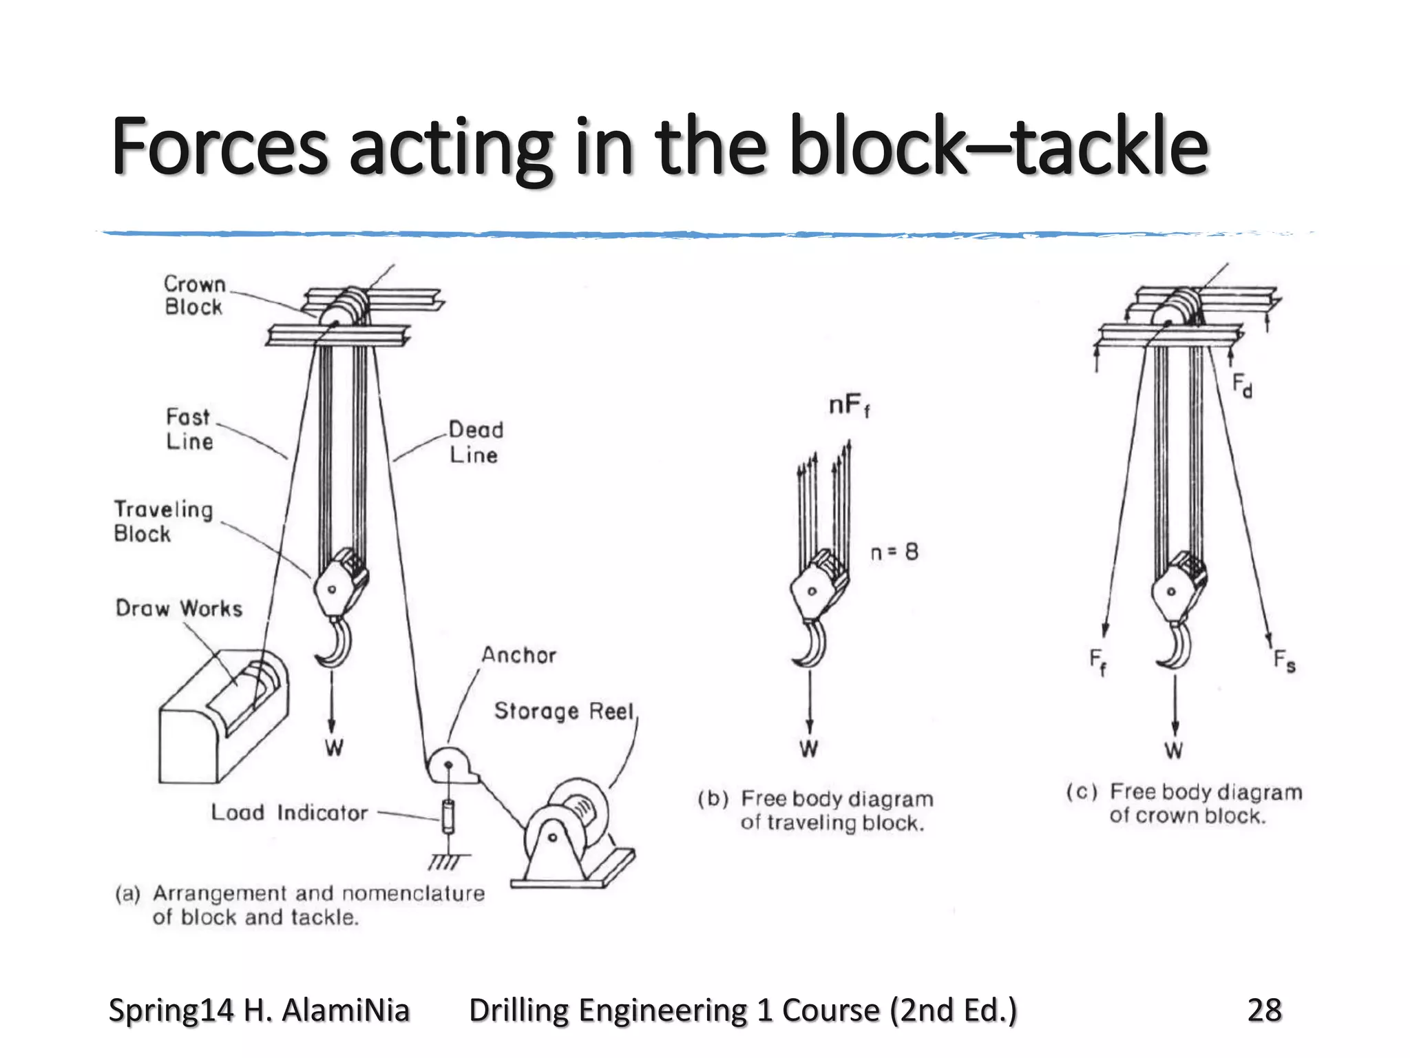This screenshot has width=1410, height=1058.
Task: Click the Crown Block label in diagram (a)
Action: (x=195, y=295)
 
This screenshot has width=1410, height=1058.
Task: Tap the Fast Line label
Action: (x=189, y=429)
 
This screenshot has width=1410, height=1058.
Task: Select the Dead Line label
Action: (x=476, y=442)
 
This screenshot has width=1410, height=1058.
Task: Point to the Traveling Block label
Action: (x=163, y=521)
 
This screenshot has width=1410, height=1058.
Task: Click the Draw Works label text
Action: (x=179, y=608)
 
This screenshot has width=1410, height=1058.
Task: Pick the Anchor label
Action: (x=518, y=655)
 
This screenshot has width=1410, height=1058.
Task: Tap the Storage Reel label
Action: (x=563, y=711)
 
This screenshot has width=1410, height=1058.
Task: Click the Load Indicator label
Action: (x=289, y=813)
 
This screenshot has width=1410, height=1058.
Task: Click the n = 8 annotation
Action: (x=894, y=552)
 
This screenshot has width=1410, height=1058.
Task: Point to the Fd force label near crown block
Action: (x=1242, y=385)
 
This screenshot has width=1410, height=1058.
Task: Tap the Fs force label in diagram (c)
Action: (x=1284, y=661)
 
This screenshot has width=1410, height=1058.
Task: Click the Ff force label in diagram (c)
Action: (x=1097, y=661)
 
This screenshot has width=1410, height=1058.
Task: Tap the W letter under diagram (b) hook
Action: (x=809, y=749)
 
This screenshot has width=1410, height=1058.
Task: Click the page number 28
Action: (x=1264, y=1010)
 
